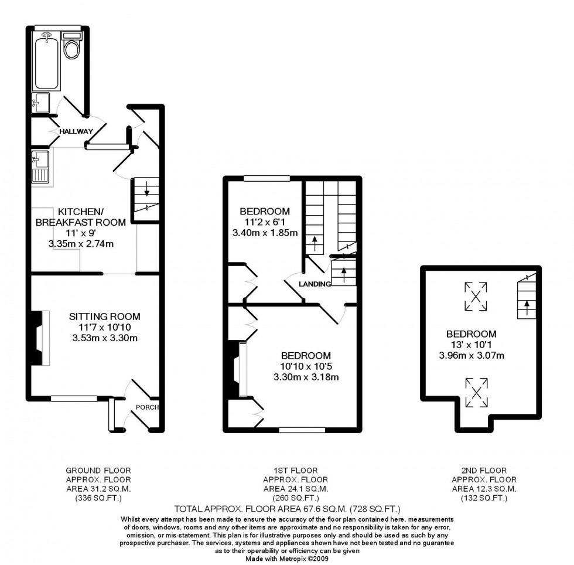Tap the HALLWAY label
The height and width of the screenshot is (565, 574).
[74, 131]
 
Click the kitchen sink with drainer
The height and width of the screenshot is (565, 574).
[41, 168]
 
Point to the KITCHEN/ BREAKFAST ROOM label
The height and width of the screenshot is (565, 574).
[81, 216]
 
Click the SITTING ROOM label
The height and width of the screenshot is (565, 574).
[104, 316]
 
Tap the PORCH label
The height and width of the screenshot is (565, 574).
[146, 407]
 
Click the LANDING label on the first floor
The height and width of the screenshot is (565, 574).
[315, 284]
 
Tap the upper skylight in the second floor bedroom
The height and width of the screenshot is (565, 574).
[475, 297]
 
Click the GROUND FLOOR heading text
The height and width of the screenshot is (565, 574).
[98, 470]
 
